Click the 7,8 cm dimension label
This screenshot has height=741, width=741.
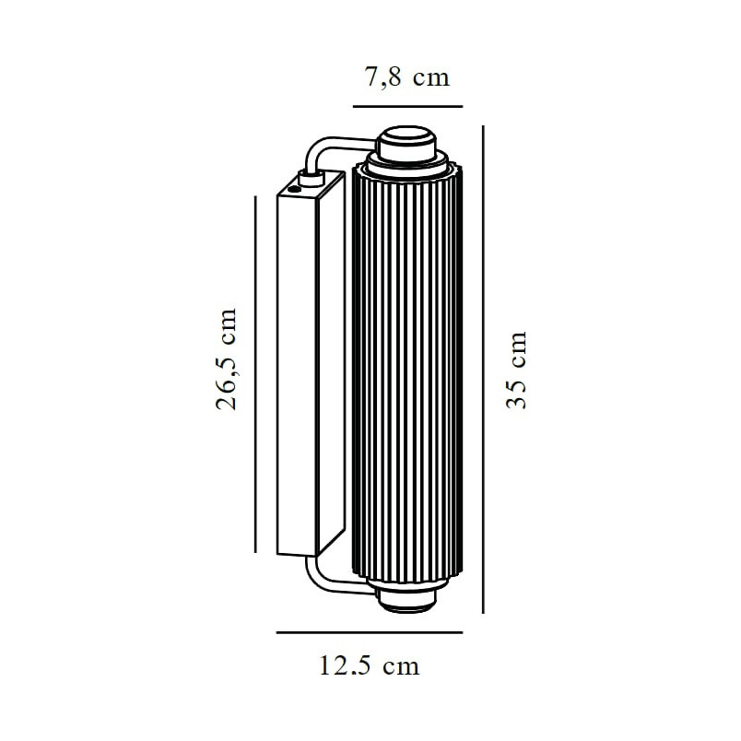click(406, 77)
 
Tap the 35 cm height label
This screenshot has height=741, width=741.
click(516, 370)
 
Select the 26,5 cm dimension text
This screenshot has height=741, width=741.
click(226, 359)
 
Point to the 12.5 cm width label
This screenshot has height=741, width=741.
click(370, 665)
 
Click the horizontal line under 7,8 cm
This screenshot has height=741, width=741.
click(407, 106)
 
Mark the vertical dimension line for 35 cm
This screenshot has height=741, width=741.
click(483, 370)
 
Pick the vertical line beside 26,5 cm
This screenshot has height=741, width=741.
click(255, 374)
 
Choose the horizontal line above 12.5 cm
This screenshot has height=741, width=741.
click(370, 632)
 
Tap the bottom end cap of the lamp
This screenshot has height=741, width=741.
click(406, 599)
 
